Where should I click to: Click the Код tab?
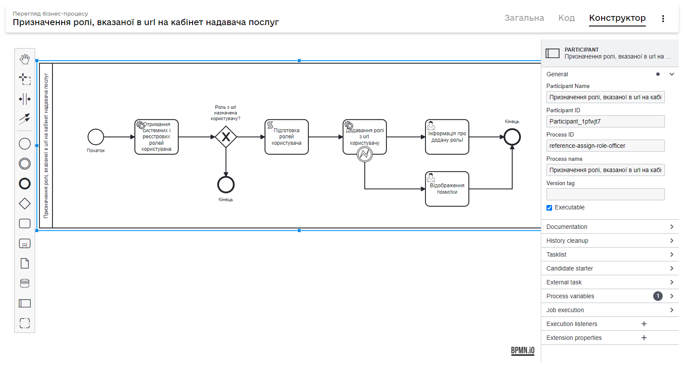click(566, 18)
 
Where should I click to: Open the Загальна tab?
click(524, 18)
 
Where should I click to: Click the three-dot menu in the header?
click(663, 18)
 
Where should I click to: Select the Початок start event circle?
click(96, 137)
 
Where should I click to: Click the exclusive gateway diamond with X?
click(226, 137)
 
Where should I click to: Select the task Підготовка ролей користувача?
click(287, 137)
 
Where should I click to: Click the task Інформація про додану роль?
click(447, 137)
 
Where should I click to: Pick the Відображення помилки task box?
click(447, 189)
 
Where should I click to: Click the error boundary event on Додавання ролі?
click(365, 154)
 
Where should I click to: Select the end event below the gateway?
click(226, 185)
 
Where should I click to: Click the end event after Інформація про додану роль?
click(512, 137)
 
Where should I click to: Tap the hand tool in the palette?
click(25, 59)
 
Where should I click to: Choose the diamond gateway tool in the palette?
click(25, 203)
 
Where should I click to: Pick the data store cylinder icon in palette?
click(25, 284)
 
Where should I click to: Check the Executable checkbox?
click(550, 208)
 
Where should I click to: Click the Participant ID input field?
click(605, 121)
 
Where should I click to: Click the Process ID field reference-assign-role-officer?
click(605, 146)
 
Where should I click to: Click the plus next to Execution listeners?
click(644, 324)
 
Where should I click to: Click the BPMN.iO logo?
click(523, 350)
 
